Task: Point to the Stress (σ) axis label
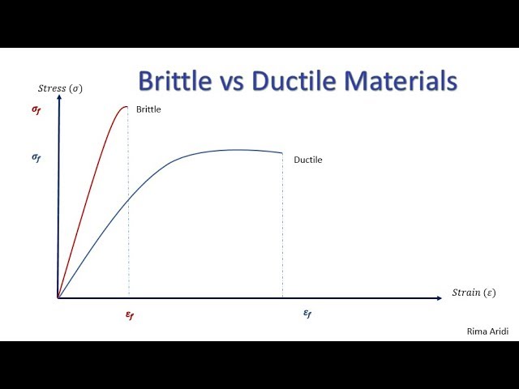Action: pos(59,88)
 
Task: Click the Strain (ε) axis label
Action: pos(474,292)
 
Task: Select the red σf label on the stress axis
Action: pos(36,109)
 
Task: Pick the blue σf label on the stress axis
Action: pos(36,158)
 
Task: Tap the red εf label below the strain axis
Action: pos(129,315)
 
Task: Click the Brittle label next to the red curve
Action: pos(148,109)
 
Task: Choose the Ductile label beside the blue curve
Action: pos(307,160)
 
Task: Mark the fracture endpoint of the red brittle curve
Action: pos(127,106)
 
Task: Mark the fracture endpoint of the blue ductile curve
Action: pos(282,153)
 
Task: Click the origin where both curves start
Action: pos(58,297)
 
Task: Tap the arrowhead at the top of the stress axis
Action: pos(58,96)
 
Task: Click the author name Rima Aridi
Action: pos(487,331)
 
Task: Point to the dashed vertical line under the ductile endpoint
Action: pos(282,227)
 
